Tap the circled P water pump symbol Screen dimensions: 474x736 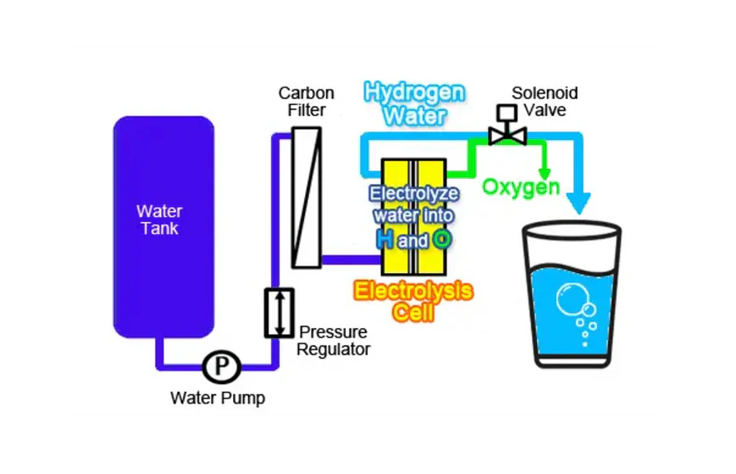pyautogui.click(x=222, y=367)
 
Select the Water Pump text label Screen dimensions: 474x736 pyautogui.click(x=218, y=398)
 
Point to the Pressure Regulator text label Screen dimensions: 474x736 pyautogui.click(x=334, y=340)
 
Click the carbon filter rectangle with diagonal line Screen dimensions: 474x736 pyautogui.click(x=306, y=197)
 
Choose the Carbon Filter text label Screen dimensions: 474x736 pyautogui.click(x=307, y=102)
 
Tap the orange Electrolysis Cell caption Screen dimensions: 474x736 pyautogui.click(x=413, y=302)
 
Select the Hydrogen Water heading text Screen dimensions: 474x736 pyautogui.click(x=414, y=103)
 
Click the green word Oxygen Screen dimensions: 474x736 pyautogui.click(x=521, y=187)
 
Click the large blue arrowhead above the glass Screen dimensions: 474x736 pyautogui.click(x=578, y=202)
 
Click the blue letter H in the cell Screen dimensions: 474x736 pyautogui.click(x=385, y=240)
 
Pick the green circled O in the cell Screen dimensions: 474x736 pyautogui.click(x=441, y=240)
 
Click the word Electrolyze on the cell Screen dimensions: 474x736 pyautogui.click(x=412, y=193)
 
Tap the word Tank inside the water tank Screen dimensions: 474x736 pyautogui.click(x=160, y=228)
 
